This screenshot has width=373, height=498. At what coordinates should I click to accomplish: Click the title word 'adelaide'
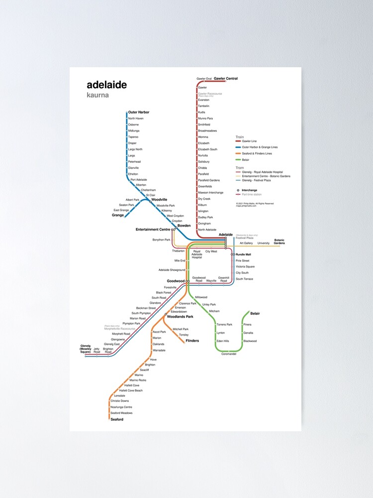[x=106, y=85]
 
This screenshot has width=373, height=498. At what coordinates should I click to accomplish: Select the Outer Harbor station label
[x=139, y=113]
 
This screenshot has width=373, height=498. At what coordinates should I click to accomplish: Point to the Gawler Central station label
[x=226, y=79]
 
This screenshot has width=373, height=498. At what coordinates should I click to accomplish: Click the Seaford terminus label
[x=117, y=419]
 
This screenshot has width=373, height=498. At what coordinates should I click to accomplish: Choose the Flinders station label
[x=192, y=341]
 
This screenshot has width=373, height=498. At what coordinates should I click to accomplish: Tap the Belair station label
[x=255, y=314]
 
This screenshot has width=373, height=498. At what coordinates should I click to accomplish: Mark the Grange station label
[x=118, y=216]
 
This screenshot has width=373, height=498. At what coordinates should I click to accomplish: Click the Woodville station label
[x=159, y=200]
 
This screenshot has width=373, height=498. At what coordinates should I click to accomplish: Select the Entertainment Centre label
[x=153, y=230]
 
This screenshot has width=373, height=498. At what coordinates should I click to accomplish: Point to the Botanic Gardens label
[x=280, y=242]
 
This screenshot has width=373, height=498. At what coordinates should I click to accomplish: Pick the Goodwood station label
[x=176, y=281]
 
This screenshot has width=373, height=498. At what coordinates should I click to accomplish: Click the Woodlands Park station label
[x=180, y=316]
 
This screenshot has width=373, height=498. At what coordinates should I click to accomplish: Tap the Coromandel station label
[x=229, y=354]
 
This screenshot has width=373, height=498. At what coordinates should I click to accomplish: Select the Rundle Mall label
[x=243, y=254]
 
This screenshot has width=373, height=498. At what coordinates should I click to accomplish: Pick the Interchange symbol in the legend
[x=238, y=190]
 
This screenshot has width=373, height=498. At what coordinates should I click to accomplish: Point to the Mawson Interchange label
[x=211, y=193]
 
